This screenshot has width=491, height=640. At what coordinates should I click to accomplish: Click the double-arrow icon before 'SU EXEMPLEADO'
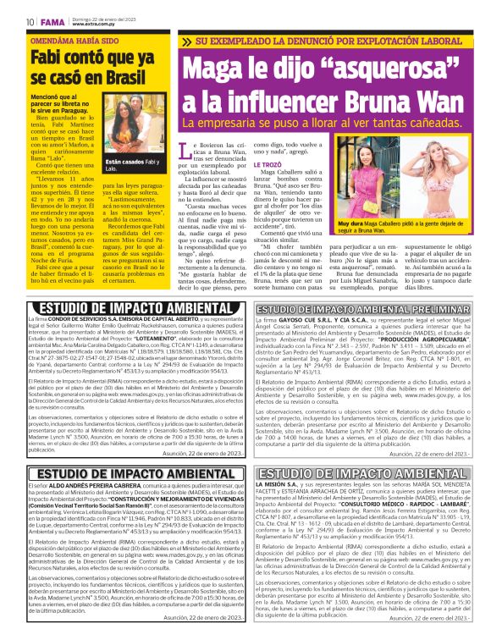(x=185, y=41)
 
